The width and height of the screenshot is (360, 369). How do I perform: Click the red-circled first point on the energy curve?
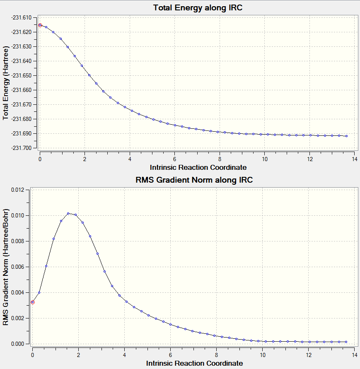click(x=40, y=25)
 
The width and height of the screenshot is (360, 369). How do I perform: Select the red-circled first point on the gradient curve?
click(x=33, y=302)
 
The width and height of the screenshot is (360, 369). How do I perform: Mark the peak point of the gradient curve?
click(x=68, y=214)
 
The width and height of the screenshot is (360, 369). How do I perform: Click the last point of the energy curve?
click(x=346, y=136)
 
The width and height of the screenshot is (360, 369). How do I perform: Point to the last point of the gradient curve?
click(x=346, y=342)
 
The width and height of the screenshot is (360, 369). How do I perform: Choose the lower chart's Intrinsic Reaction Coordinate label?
click(x=194, y=363)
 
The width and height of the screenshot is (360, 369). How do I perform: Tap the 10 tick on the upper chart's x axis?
click(x=264, y=159)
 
